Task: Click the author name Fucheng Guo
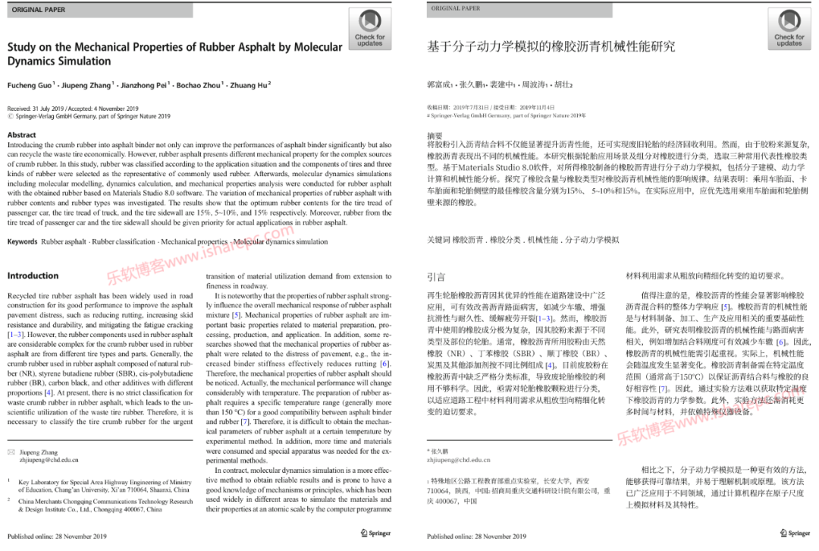pyautogui.click(x=31, y=85)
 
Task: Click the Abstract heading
pyautogui.click(x=21, y=135)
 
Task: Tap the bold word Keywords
pyautogui.click(x=23, y=242)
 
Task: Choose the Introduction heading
pyautogui.click(x=33, y=276)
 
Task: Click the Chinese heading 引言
pyautogui.click(x=436, y=278)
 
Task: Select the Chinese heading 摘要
pyautogui.click(x=435, y=135)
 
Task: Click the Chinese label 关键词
pyautogui.click(x=438, y=239)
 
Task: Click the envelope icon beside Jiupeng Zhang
pyautogui.click(x=11, y=452)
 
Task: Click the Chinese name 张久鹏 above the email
pyautogui.click(x=440, y=452)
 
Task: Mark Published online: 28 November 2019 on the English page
pyautogui.click(x=58, y=536)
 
